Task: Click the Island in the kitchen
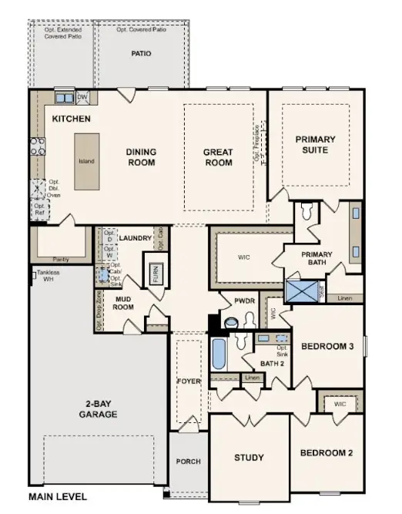coord(85,162)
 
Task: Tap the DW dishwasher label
coord(83,98)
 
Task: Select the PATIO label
coord(140,54)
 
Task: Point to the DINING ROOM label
coord(141,157)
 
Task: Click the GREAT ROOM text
coord(218,157)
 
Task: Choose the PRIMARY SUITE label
coord(316,144)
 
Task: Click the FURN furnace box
coord(155,274)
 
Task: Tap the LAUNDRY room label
coord(135,239)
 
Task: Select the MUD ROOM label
coord(126,302)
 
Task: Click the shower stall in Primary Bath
coord(299,290)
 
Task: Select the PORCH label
coord(188,462)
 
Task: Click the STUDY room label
coord(249,458)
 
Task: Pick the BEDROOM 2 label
coord(327,452)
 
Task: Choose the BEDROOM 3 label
coord(327,347)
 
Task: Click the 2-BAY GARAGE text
coord(97,409)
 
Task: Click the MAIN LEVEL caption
coord(58,497)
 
